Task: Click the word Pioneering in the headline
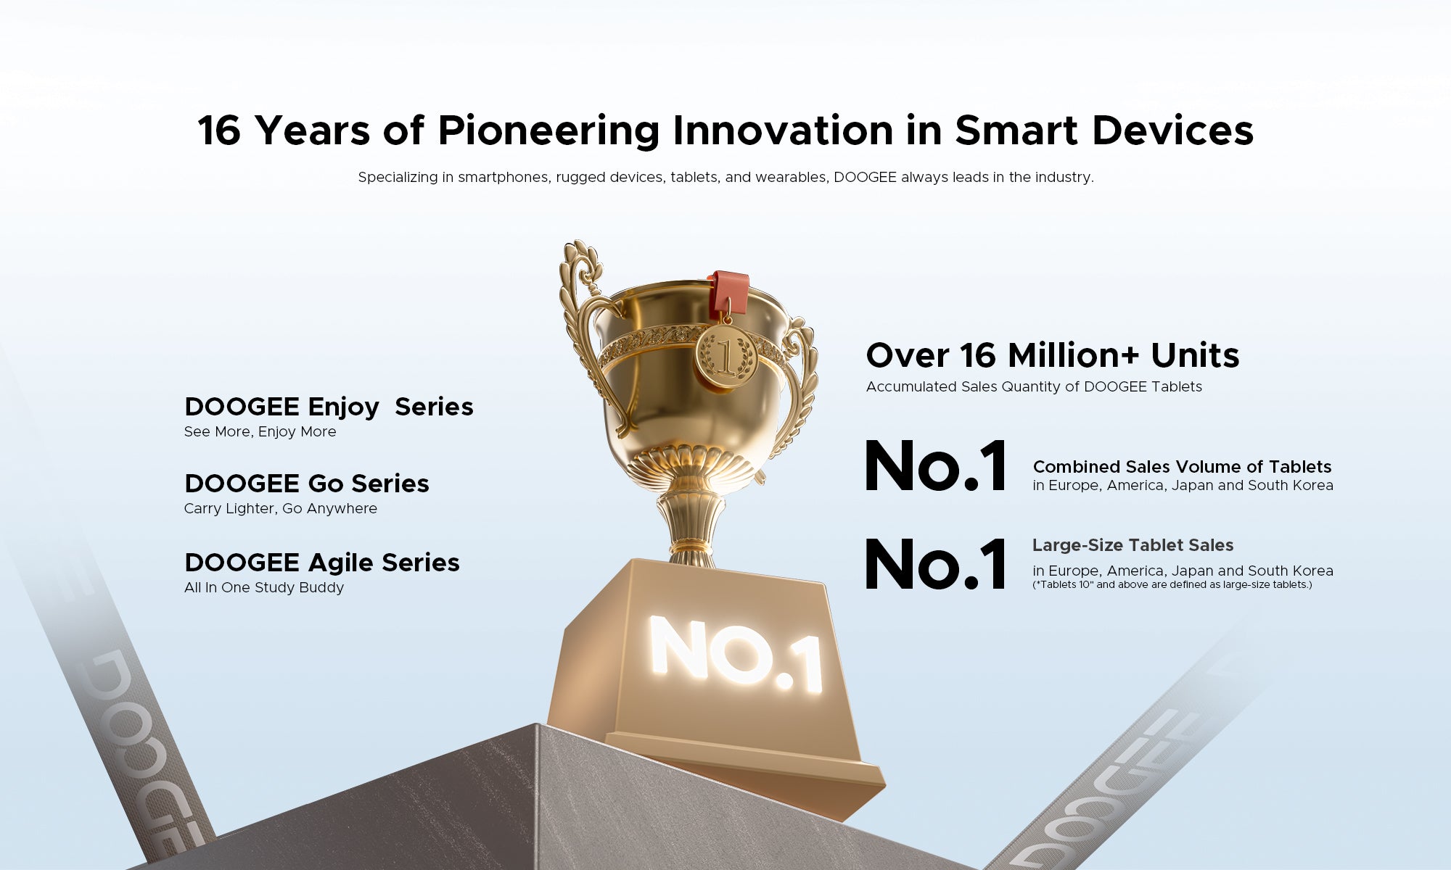click(x=548, y=131)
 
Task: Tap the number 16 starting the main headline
click(x=219, y=130)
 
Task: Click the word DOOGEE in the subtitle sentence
click(x=865, y=177)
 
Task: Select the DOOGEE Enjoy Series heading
click(x=329, y=407)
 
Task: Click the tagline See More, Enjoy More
click(x=260, y=431)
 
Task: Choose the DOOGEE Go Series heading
click(x=307, y=484)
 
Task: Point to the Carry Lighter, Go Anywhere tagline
click(x=281, y=508)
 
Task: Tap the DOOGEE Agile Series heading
click(x=322, y=563)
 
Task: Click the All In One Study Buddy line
click(x=264, y=587)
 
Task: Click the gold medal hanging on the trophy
click(x=726, y=356)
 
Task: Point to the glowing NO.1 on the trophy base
click(x=736, y=655)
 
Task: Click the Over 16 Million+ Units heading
click(x=1053, y=355)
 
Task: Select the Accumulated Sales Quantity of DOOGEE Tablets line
click(x=1034, y=386)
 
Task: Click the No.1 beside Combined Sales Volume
click(x=936, y=466)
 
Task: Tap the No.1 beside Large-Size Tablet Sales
click(x=936, y=563)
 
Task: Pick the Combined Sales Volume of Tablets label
click(x=1182, y=467)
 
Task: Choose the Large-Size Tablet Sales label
click(x=1133, y=545)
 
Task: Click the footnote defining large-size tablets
click(x=1172, y=584)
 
